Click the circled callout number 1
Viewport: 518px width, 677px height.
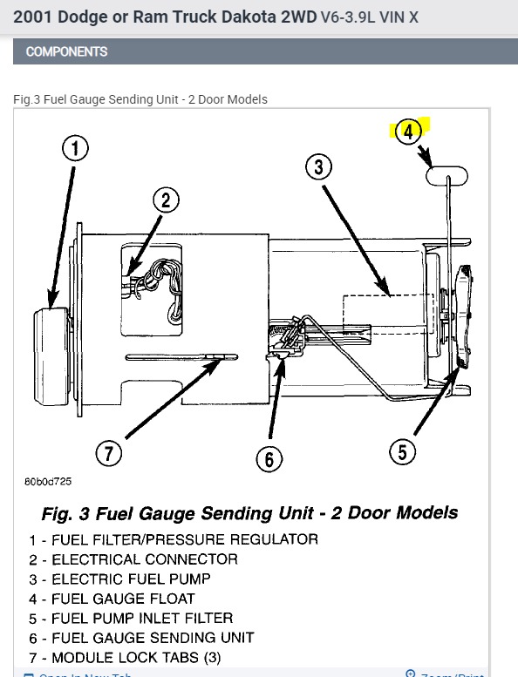point(76,149)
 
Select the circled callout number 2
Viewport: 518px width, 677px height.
point(166,200)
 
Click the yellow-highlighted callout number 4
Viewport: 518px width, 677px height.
point(409,132)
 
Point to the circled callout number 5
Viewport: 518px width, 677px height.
point(402,451)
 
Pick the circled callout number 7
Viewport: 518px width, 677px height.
point(110,453)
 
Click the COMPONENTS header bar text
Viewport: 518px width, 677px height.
point(67,51)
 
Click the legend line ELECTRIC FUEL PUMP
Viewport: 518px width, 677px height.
point(119,579)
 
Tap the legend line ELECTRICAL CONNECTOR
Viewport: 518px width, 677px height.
point(133,559)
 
